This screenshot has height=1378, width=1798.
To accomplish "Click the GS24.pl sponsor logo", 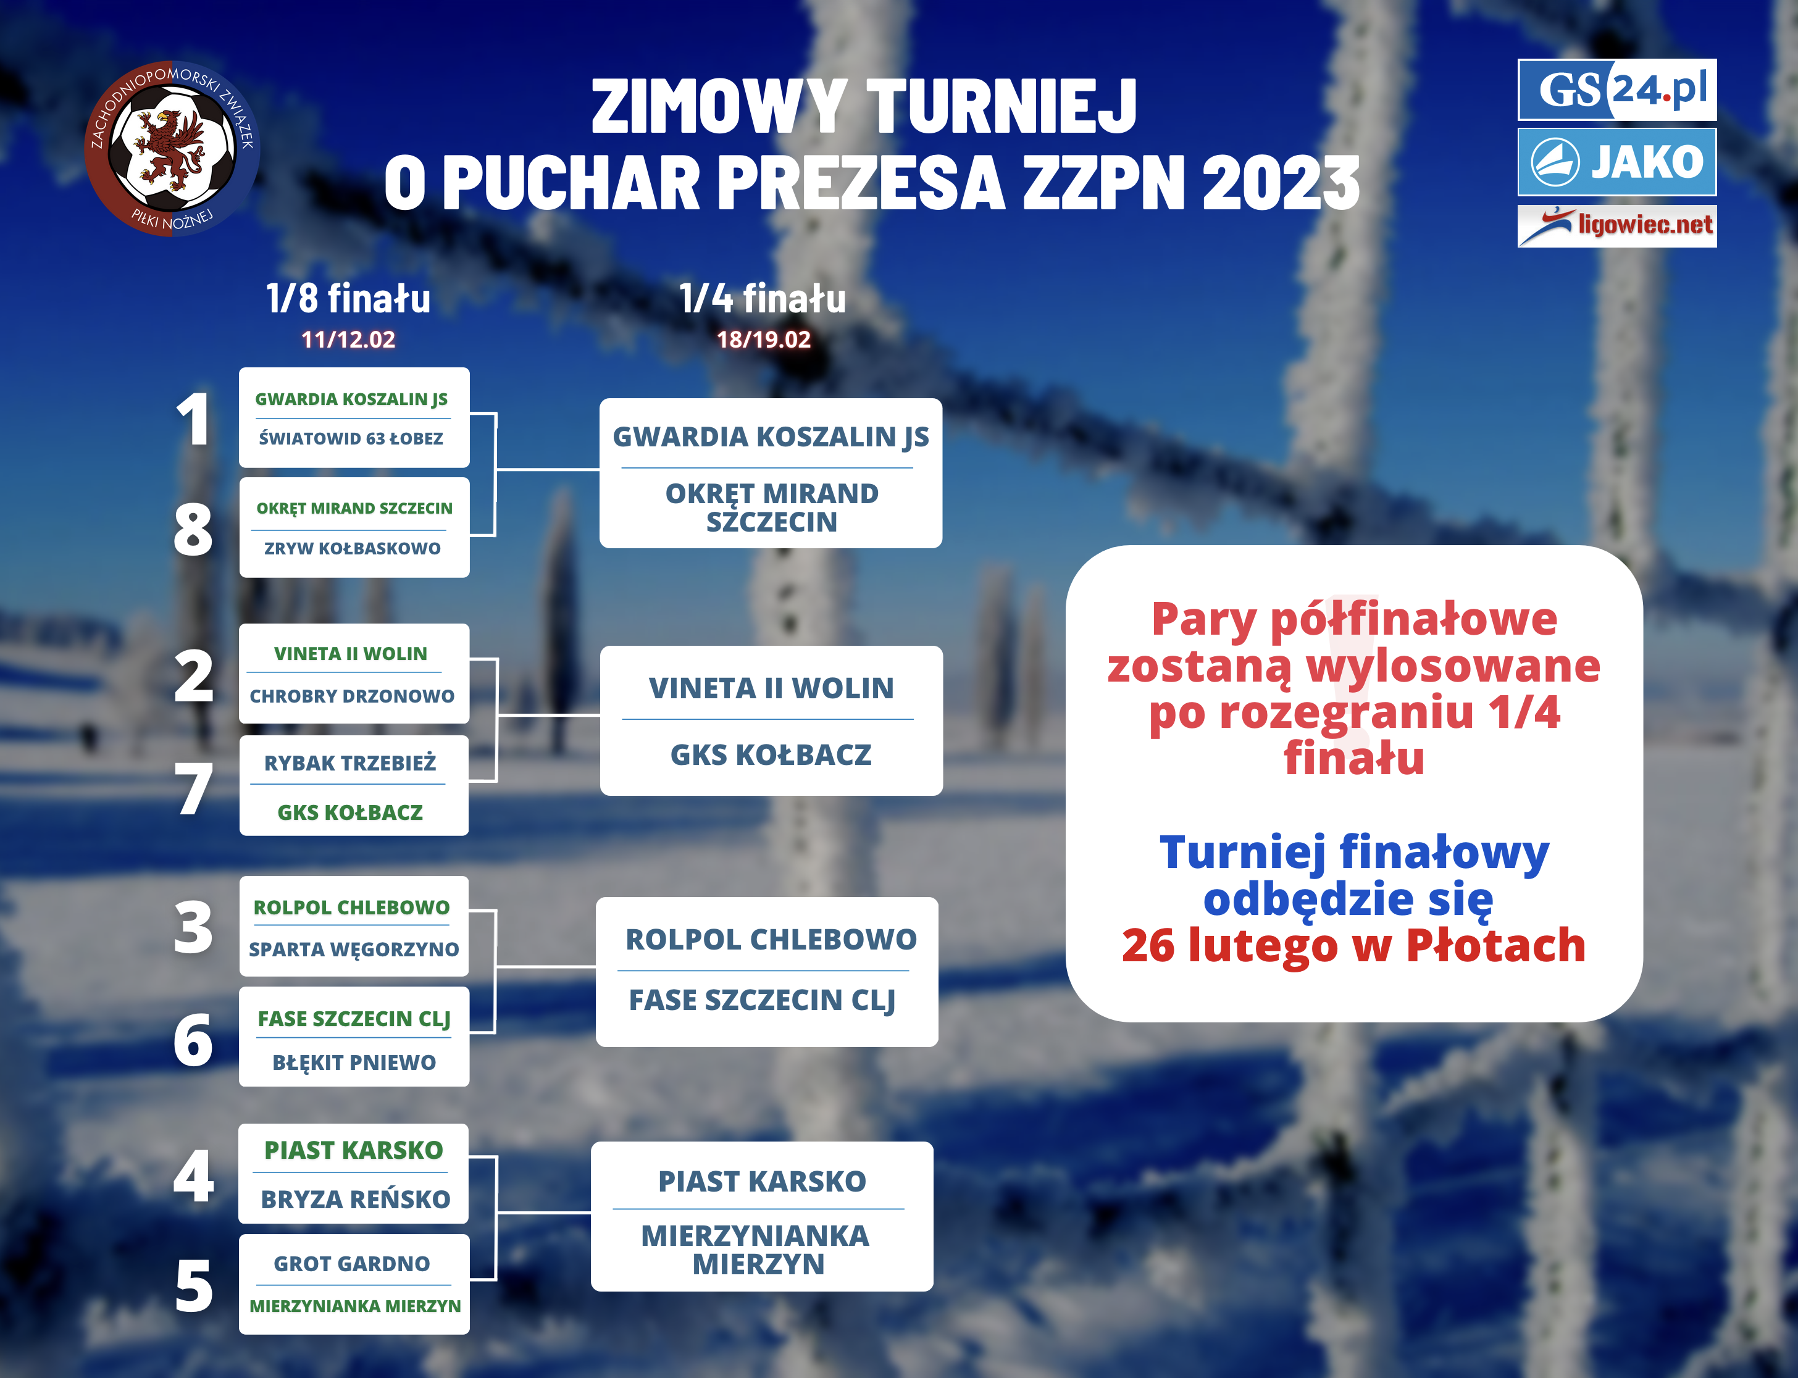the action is [1616, 90].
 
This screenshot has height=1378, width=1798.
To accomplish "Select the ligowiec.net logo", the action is [1616, 225].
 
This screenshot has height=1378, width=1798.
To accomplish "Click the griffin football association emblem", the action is [172, 148].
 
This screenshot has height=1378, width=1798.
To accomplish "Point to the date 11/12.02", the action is [349, 340].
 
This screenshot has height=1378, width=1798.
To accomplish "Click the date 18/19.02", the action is [764, 340].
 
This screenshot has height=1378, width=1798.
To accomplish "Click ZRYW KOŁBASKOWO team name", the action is [353, 548].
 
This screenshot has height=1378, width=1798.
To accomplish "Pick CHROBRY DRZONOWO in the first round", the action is [352, 696].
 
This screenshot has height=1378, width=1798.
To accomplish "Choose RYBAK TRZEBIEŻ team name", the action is [350, 763].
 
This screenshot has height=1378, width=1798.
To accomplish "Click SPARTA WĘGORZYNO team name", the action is [354, 950].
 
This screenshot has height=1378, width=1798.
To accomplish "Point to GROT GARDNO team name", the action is [352, 1264].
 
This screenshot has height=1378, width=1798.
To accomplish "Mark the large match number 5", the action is [194, 1285].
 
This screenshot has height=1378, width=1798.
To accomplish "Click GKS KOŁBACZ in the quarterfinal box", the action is [771, 754].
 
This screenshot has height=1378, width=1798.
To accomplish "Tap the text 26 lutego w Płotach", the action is [1353, 945].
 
